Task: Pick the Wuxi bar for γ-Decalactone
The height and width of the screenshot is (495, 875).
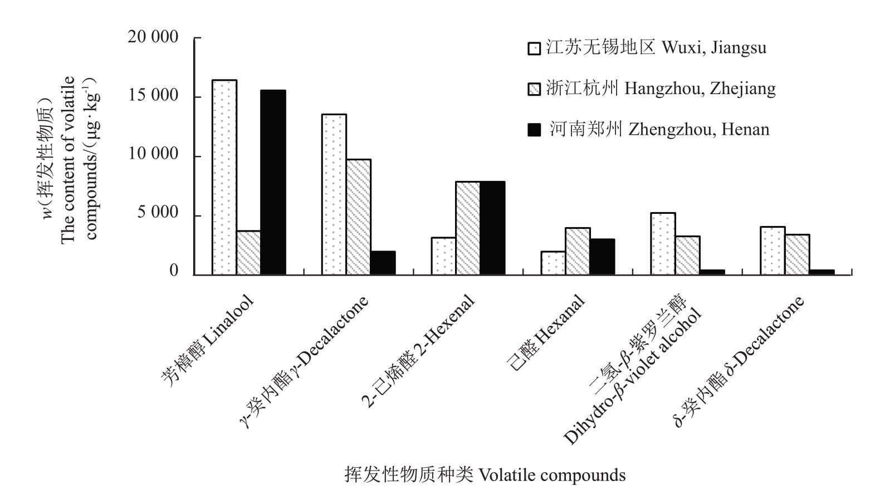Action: pyautogui.click(x=334, y=194)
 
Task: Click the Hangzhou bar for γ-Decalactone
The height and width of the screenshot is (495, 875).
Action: pyautogui.click(x=358, y=217)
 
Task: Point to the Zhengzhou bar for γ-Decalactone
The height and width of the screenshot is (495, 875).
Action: pyautogui.click(x=383, y=263)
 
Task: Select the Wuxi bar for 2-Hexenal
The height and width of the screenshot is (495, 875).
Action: pyautogui.click(x=443, y=256)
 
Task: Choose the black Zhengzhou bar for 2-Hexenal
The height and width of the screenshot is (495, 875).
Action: pyautogui.click(x=492, y=228)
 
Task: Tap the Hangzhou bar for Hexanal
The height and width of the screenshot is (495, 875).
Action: pyautogui.click(x=578, y=251)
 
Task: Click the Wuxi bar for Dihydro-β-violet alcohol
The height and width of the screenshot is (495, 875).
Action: pyautogui.click(x=663, y=244)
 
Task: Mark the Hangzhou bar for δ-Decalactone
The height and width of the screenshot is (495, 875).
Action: pyautogui.click(x=797, y=254)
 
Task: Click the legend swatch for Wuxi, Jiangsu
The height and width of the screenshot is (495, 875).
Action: pyautogui.click(x=534, y=48)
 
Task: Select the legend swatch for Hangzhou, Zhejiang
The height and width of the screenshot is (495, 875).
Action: pyautogui.click(x=534, y=89)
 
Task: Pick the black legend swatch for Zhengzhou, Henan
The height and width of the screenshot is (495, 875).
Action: pyautogui.click(x=534, y=130)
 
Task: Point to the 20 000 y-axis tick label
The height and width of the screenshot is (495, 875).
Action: pyautogui.click(x=153, y=38)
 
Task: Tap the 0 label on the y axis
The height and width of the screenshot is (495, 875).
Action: pyautogui.click(x=174, y=272)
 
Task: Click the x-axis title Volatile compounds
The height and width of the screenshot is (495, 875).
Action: pyautogui.click(x=485, y=475)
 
